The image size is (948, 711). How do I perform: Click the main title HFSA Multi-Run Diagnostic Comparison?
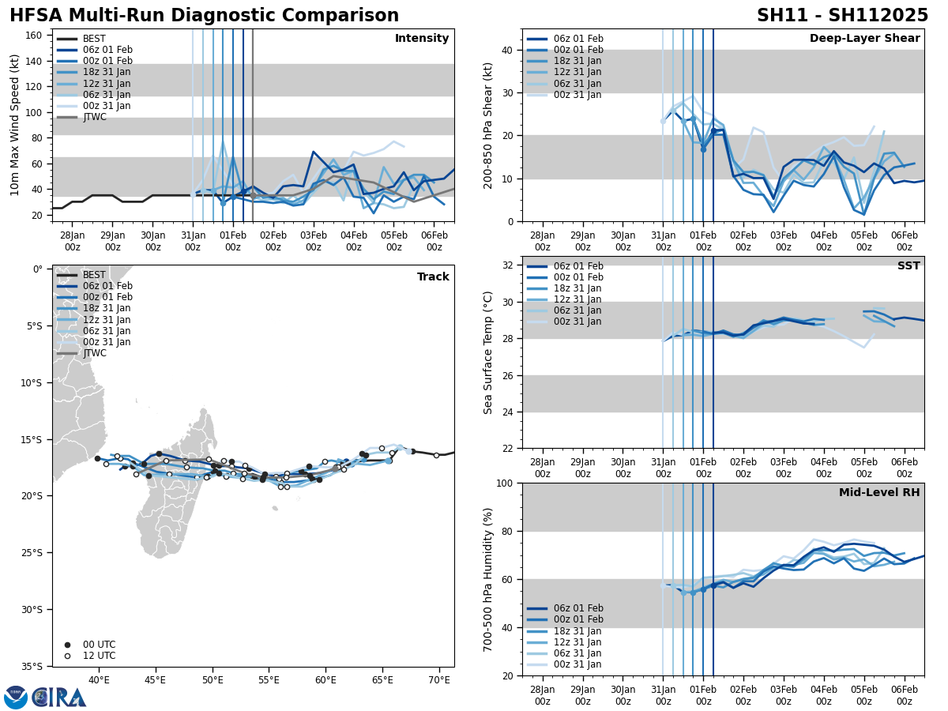pyautogui.click(x=204, y=16)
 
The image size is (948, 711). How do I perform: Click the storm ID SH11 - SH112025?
pyautogui.click(x=842, y=16)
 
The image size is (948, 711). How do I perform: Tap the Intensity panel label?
pyautogui.click(x=422, y=39)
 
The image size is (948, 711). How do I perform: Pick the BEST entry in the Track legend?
pyautogui.click(x=94, y=275)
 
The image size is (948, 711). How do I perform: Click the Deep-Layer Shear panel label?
pyautogui.click(x=864, y=39)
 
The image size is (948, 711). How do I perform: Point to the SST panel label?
pyautogui.click(x=908, y=266)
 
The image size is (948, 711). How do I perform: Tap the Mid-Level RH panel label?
pyautogui.click(x=879, y=493)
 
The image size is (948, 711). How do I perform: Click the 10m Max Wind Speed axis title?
pyautogui.click(x=15, y=125)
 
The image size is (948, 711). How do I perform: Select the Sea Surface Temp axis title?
pyautogui.click(x=489, y=352)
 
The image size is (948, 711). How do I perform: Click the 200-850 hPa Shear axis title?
pyautogui.click(x=489, y=125)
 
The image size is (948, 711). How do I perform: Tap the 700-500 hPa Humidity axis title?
pyautogui.click(x=489, y=579)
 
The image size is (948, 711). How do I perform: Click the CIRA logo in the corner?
pyautogui.click(x=45, y=697)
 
